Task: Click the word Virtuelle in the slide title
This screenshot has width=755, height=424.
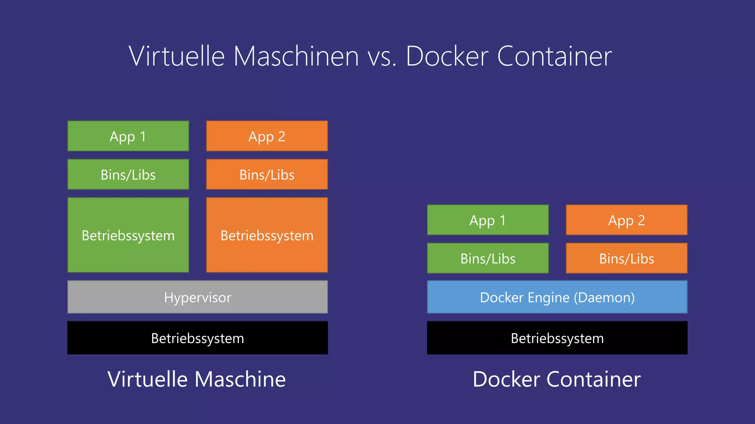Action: click(177, 56)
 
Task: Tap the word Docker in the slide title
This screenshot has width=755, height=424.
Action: click(447, 56)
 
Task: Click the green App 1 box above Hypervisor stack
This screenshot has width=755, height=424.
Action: click(128, 136)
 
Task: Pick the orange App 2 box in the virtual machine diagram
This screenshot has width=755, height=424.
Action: click(267, 136)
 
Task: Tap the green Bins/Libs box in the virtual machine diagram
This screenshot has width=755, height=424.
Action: click(128, 174)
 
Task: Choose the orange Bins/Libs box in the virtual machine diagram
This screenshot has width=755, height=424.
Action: click(267, 174)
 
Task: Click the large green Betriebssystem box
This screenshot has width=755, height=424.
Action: click(128, 235)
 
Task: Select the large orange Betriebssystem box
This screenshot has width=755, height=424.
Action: click(267, 235)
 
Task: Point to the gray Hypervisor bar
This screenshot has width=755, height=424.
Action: click(198, 297)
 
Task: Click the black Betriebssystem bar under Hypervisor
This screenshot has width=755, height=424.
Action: click(198, 338)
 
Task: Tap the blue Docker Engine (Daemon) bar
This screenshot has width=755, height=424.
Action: click(557, 297)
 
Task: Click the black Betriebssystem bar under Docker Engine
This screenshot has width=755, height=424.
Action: click(557, 338)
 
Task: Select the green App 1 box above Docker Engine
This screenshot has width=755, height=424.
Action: click(488, 220)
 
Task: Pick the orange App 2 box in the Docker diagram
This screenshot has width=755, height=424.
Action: click(626, 220)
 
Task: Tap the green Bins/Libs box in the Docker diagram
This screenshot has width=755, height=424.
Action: click(488, 258)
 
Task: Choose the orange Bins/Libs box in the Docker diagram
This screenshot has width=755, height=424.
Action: click(626, 258)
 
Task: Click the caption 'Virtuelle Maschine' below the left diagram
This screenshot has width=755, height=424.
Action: click(196, 379)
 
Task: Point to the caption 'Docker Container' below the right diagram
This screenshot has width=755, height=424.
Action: click(557, 379)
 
